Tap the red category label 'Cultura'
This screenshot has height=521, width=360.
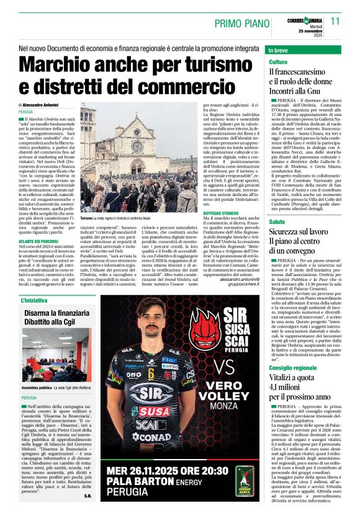[x=278, y=63]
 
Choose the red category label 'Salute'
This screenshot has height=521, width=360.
[x=277, y=221]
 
